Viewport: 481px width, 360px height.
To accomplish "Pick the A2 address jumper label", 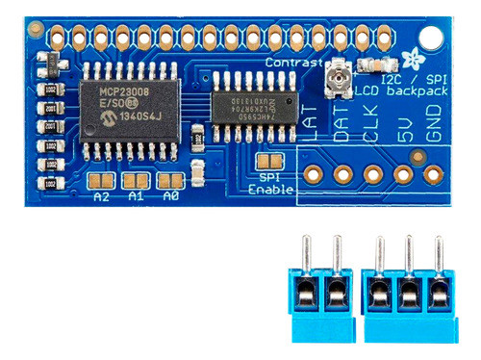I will tap(101, 196).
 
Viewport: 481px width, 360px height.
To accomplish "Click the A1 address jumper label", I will tap(136, 196).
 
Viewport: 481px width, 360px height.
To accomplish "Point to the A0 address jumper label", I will tap(170, 196).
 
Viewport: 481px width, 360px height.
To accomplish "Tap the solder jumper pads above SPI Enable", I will tap(271, 161).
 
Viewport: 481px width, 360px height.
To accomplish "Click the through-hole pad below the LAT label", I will tap(313, 175).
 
